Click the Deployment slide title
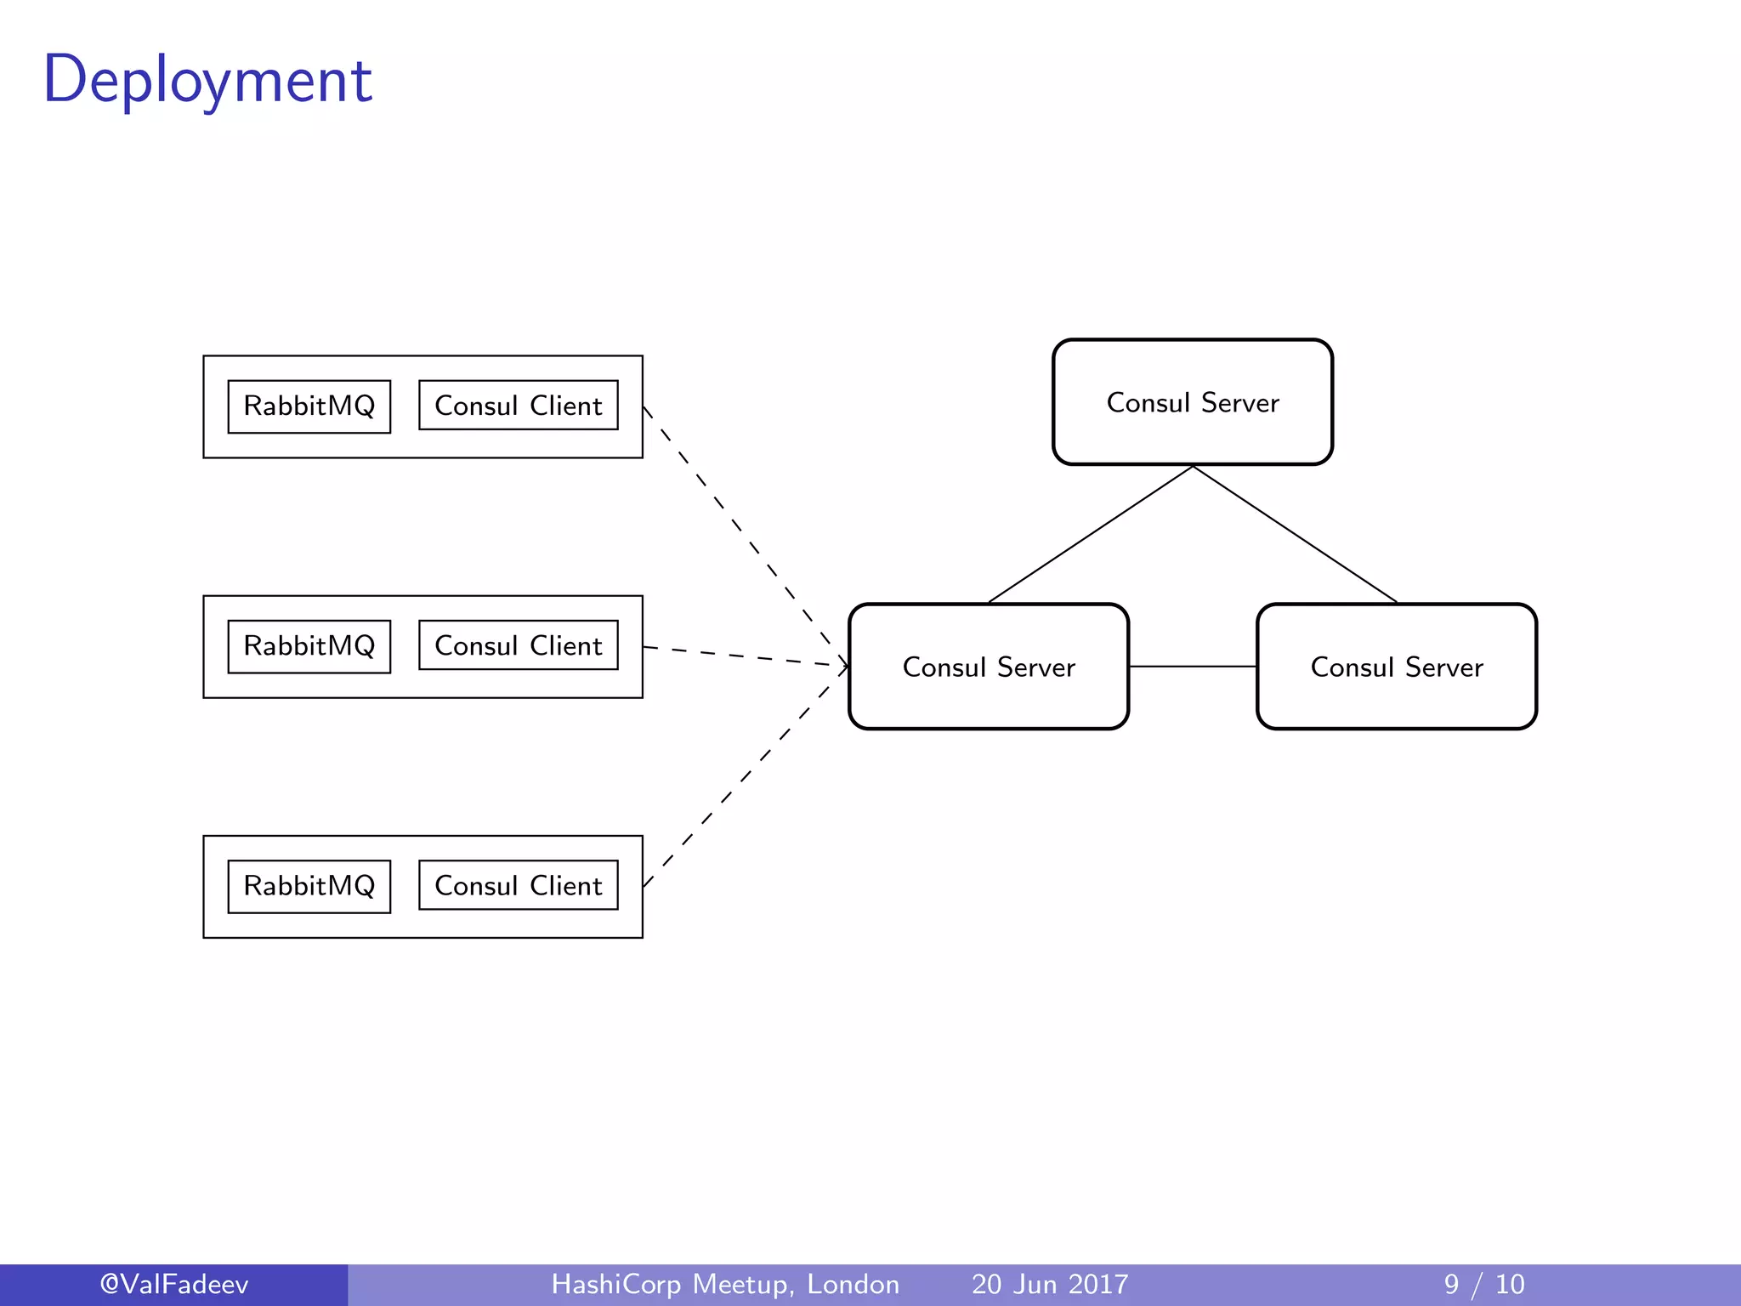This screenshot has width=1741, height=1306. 207,80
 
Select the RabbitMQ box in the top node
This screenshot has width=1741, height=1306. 309,406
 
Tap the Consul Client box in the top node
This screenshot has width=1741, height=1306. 518,406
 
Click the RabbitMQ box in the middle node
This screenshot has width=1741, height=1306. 309,646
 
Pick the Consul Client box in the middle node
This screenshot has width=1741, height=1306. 518,645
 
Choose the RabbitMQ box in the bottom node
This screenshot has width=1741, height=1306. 309,886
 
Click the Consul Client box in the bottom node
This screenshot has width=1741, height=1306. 518,885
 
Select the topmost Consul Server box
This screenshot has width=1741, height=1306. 1192,402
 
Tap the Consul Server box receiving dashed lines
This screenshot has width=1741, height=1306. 988,667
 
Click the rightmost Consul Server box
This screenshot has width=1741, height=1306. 1396,667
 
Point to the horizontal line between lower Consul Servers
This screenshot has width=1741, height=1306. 1192,667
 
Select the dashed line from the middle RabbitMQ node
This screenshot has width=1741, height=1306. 740,656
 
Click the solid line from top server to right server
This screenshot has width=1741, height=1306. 1295,534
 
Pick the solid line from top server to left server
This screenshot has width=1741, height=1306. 1090,534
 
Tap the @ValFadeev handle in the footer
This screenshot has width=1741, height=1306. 173,1284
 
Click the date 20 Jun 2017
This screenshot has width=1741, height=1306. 1050,1284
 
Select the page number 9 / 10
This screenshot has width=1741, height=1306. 1483,1284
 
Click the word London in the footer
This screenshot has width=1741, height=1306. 853,1284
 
